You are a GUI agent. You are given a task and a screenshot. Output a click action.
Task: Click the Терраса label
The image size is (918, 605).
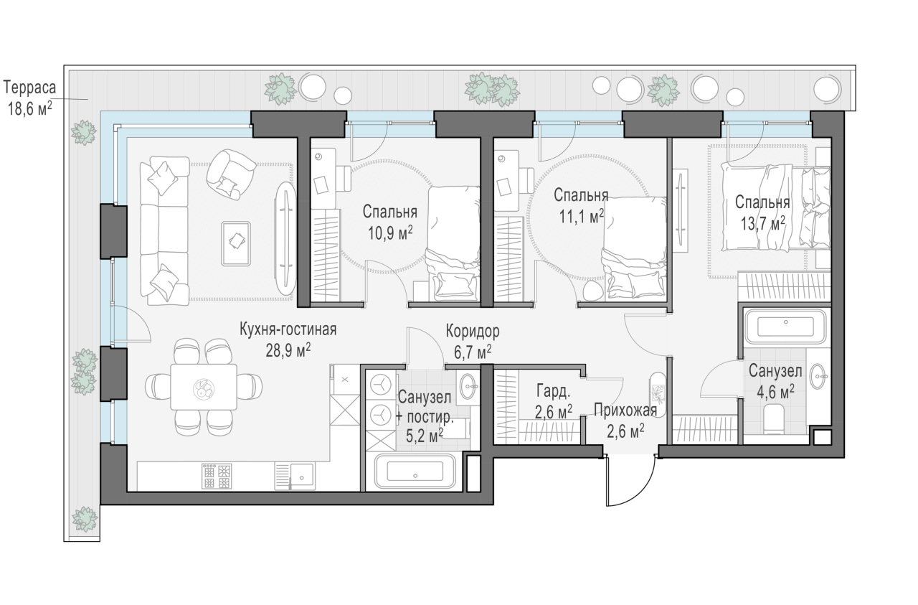tap(29, 88)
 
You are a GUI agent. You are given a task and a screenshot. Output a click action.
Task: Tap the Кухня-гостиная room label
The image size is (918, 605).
tap(288, 329)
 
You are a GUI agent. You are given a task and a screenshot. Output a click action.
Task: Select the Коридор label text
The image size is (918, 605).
tap(473, 332)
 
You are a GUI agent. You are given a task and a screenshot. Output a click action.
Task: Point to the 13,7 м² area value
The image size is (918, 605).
tap(762, 224)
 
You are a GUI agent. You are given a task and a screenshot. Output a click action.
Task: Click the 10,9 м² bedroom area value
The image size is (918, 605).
tap(389, 233)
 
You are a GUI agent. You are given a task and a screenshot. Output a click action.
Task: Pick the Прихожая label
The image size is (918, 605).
tap(625, 410)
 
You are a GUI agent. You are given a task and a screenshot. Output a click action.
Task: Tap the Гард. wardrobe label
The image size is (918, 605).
tap(553, 392)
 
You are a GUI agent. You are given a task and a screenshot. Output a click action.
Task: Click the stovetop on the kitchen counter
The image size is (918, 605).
tap(217, 476)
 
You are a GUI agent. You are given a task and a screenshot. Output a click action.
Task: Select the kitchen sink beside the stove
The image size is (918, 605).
tap(302, 476)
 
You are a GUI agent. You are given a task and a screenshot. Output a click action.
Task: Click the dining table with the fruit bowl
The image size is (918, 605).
tap(204, 387)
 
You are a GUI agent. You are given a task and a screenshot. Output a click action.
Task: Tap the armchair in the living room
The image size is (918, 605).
tap(230, 174)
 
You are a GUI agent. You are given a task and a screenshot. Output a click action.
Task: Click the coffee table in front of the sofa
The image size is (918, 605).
tap(236, 243)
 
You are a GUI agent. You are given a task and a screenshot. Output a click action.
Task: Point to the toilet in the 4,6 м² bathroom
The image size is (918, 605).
tap(774, 419)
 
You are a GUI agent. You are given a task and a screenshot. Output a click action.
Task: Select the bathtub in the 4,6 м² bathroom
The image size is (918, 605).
tap(785, 327)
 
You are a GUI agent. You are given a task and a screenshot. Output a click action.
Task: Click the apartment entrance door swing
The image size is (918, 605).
tap(630, 484)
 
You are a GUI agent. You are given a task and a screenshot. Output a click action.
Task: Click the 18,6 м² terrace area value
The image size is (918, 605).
tap(30, 108)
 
